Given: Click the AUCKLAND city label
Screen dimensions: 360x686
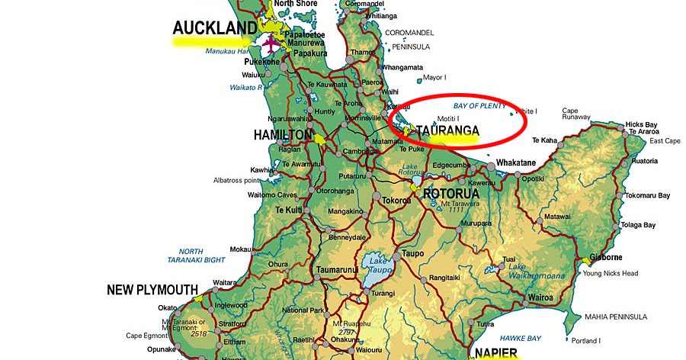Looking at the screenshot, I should pyautogui.click(x=215, y=28).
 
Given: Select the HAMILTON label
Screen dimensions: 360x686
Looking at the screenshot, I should pyautogui.click(x=283, y=135).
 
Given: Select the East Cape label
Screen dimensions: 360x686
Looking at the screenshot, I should pyautogui.click(x=664, y=141).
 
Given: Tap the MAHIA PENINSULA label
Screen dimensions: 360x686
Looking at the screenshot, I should pyautogui.click(x=616, y=316).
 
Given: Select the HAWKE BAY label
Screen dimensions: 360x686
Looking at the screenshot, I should pyautogui.click(x=521, y=338).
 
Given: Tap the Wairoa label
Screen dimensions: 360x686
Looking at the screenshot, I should pyautogui.click(x=540, y=297).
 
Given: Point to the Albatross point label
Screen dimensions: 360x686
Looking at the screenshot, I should pyautogui.click(x=237, y=181).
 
